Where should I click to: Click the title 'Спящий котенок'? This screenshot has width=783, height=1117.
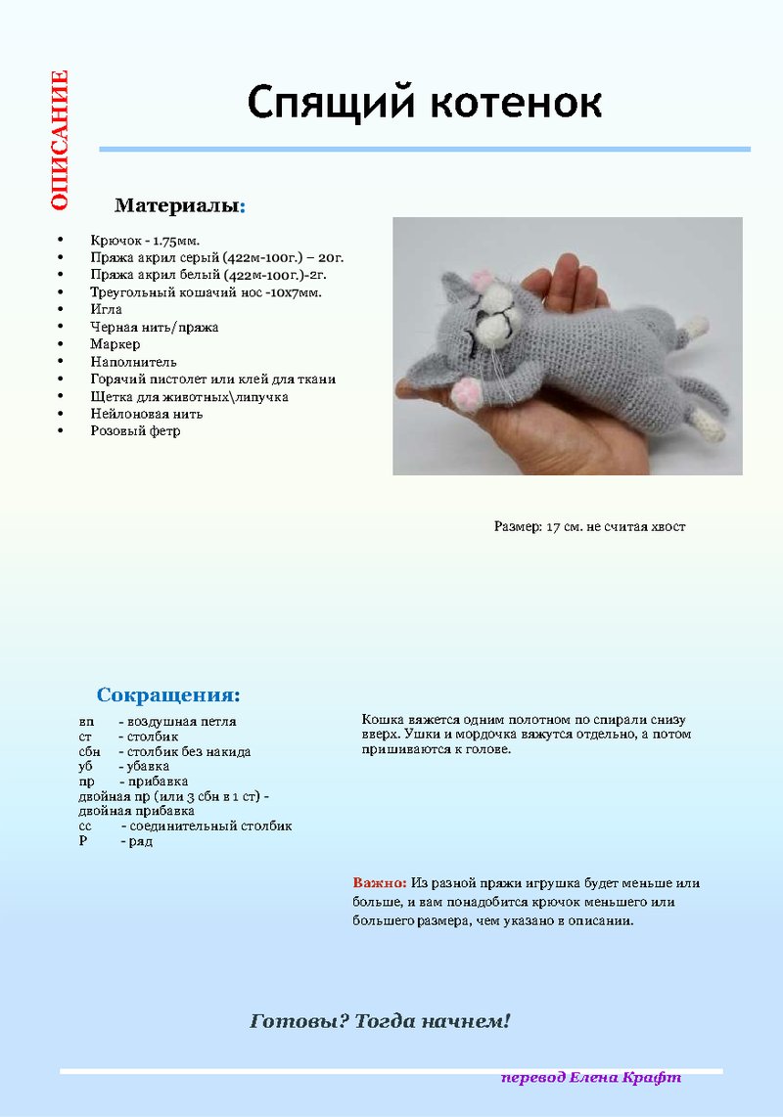tap(424, 103)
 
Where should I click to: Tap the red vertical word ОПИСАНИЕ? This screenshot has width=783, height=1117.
tap(60, 140)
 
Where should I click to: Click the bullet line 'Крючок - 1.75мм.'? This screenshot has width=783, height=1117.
tap(145, 240)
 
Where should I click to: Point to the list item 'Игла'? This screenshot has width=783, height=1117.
tap(107, 309)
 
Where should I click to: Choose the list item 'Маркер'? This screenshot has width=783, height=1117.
tap(115, 344)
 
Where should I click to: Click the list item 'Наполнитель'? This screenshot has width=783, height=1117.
tap(134, 362)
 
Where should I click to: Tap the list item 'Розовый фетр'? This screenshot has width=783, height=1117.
tap(136, 431)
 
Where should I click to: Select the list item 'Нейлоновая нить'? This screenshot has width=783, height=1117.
tap(147, 414)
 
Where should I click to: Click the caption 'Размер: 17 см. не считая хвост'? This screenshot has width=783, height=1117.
tap(589, 526)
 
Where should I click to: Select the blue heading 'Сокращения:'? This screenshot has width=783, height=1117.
tap(168, 695)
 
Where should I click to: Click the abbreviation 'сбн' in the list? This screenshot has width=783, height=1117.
tap(90, 752)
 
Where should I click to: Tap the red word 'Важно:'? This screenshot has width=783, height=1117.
tap(380, 883)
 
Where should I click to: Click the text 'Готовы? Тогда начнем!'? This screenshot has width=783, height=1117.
tap(381, 1022)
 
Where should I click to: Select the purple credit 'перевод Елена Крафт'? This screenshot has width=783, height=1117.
tap(591, 1077)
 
